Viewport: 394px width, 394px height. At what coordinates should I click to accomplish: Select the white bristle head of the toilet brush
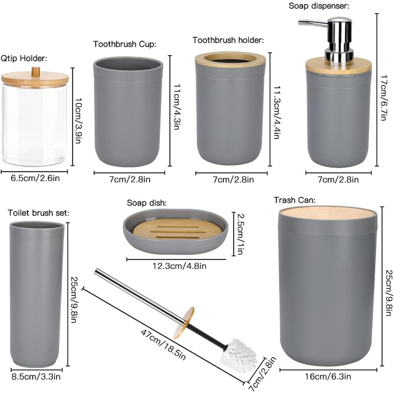pos(239,355)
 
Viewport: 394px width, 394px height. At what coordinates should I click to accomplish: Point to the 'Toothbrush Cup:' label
pos(124,44)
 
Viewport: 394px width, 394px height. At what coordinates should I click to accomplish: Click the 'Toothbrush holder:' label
pos(228,40)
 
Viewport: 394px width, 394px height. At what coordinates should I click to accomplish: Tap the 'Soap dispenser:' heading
pos(319,6)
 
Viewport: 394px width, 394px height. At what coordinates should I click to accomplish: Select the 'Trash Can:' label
pos(294,200)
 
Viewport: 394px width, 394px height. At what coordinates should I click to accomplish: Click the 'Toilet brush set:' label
pos(38,213)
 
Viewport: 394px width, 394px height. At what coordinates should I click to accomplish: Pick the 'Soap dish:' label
pos(147,203)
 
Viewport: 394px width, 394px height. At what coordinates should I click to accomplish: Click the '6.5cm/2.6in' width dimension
pos(35,178)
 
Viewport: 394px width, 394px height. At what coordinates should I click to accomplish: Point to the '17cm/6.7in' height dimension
pos(383,98)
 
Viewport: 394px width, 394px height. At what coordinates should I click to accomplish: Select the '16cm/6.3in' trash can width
pos(328,377)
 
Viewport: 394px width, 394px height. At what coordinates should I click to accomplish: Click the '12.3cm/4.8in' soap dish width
pos(180,266)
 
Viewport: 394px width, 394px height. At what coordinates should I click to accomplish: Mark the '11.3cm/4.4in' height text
pos(276,113)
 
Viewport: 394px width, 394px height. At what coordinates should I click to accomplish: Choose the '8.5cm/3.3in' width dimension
pos(36,377)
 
